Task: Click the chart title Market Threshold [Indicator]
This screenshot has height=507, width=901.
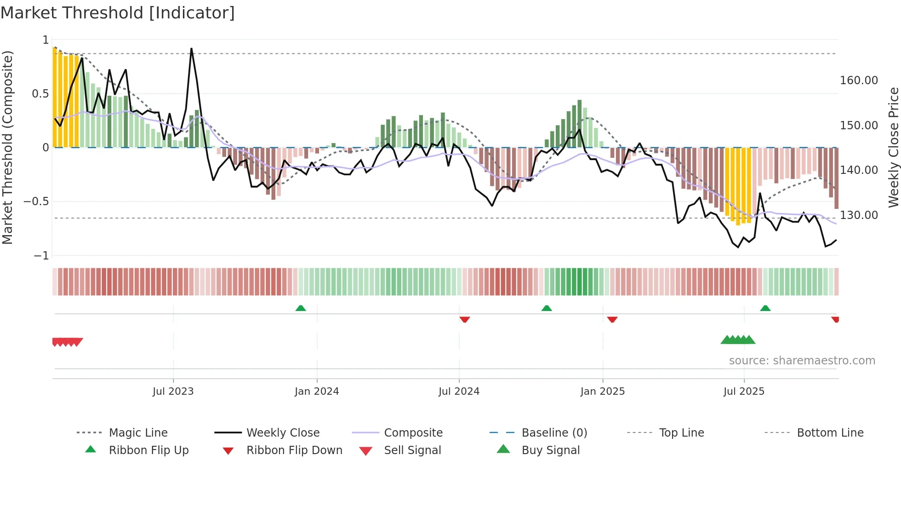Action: pos(118,13)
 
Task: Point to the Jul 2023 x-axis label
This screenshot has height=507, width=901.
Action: pos(173,392)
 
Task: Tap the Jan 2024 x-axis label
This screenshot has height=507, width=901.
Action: pos(317,392)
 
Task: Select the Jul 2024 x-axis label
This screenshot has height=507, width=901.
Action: pos(459,392)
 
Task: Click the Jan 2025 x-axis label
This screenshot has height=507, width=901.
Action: pos(602,392)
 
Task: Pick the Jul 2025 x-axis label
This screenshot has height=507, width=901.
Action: pos(744,392)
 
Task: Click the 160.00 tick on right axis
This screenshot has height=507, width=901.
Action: pos(859,81)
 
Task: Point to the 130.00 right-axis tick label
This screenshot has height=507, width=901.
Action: pos(859,215)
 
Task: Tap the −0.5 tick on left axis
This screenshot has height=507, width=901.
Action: pos(36,202)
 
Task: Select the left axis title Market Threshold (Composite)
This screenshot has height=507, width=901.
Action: pos(7,147)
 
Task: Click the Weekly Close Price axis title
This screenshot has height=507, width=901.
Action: pos(893,147)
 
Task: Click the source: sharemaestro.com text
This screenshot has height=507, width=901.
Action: pos(802,361)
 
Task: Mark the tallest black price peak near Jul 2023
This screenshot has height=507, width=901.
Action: pos(191,49)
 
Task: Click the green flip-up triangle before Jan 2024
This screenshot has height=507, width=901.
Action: pos(301,308)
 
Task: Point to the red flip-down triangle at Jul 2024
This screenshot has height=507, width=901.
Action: pos(465,319)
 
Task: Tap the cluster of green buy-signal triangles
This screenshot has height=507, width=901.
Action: pos(738,340)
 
